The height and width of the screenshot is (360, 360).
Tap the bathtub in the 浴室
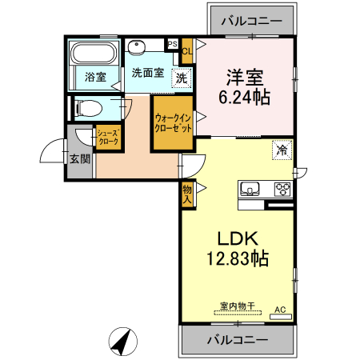pyautogui.click(x=95, y=55)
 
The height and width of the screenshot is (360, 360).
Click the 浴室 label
pyautogui.click(x=95, y=77)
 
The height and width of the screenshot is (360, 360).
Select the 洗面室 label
pyautogui.click(x=148, y=73)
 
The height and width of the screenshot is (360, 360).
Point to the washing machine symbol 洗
pyautogui.click(x=182, y=78)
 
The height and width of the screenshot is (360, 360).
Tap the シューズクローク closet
pyautogui.click(x=108, y=138)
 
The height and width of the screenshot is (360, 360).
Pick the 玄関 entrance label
pyautogui.click(x=79, y=158)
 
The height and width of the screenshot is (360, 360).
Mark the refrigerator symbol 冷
pyautogui.click(x=281, y=150)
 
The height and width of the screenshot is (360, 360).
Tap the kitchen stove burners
pyautogui.click(x=282, y=190)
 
